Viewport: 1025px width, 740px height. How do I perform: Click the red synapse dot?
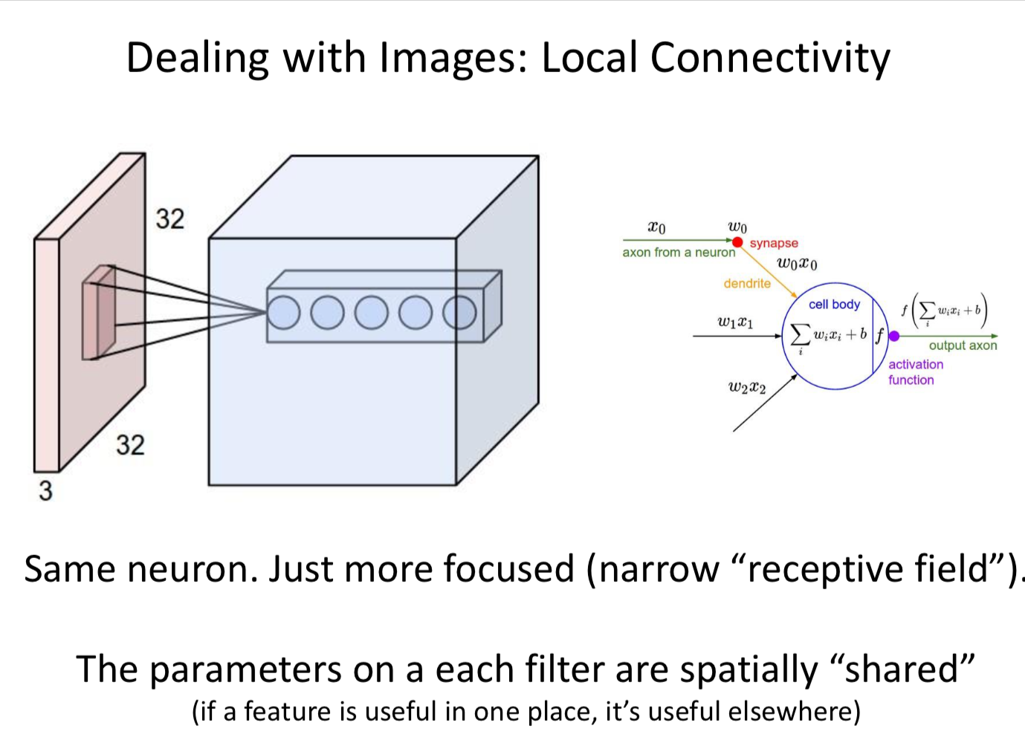(737, 241)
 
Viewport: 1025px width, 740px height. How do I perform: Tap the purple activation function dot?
(894, 336)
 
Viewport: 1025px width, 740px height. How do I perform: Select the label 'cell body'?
(834, 304)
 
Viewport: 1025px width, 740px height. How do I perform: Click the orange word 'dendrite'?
(747, 283)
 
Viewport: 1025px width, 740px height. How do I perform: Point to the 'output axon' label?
(963, 345)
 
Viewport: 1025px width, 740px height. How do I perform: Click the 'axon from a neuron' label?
(679, 253)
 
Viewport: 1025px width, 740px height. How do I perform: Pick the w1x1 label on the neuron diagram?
(735, 322)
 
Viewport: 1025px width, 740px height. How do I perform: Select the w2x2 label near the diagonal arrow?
(747, 387)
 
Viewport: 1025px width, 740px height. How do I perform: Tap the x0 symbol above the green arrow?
(657, 227)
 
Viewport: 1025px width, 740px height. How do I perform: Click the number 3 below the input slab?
(46, 491)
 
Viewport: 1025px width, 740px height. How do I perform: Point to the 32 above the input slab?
(169, 218)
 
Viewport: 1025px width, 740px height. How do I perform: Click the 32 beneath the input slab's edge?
(130, 445)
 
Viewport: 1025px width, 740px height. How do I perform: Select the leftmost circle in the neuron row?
(283, 313)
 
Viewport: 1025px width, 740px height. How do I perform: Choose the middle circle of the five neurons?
(371, 313)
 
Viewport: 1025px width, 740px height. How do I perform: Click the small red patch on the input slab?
(98, 312)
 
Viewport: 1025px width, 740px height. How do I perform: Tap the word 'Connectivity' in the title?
(770, 58)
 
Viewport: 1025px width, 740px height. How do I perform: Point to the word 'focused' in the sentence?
(509, 569)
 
